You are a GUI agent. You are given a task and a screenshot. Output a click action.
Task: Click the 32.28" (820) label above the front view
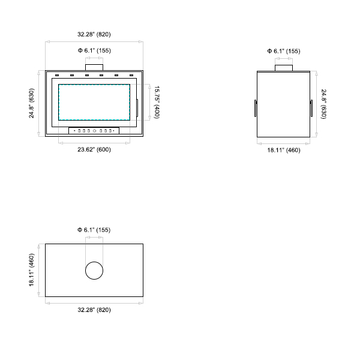[x=94, y=34]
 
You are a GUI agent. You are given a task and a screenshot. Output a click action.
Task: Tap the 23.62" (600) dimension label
[x=94, y=149]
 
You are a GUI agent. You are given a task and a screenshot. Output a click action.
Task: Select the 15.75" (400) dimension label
[x=157, y=102]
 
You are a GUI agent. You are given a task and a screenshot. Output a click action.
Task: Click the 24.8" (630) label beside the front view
[x=31, y=103]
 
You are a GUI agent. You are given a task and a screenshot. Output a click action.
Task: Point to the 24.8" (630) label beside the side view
[x=323, y=104]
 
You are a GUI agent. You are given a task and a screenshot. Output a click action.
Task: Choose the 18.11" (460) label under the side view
[x=284, y=150]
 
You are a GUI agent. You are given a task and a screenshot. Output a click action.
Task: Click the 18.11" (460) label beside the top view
[x=31, y=270]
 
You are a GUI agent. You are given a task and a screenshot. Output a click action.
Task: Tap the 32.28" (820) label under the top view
[x=94, y=310]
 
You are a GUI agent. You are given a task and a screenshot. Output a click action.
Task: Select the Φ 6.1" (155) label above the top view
[x=94, y=230]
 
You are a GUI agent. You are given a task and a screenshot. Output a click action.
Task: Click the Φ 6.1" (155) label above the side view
[x=284, y=51]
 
